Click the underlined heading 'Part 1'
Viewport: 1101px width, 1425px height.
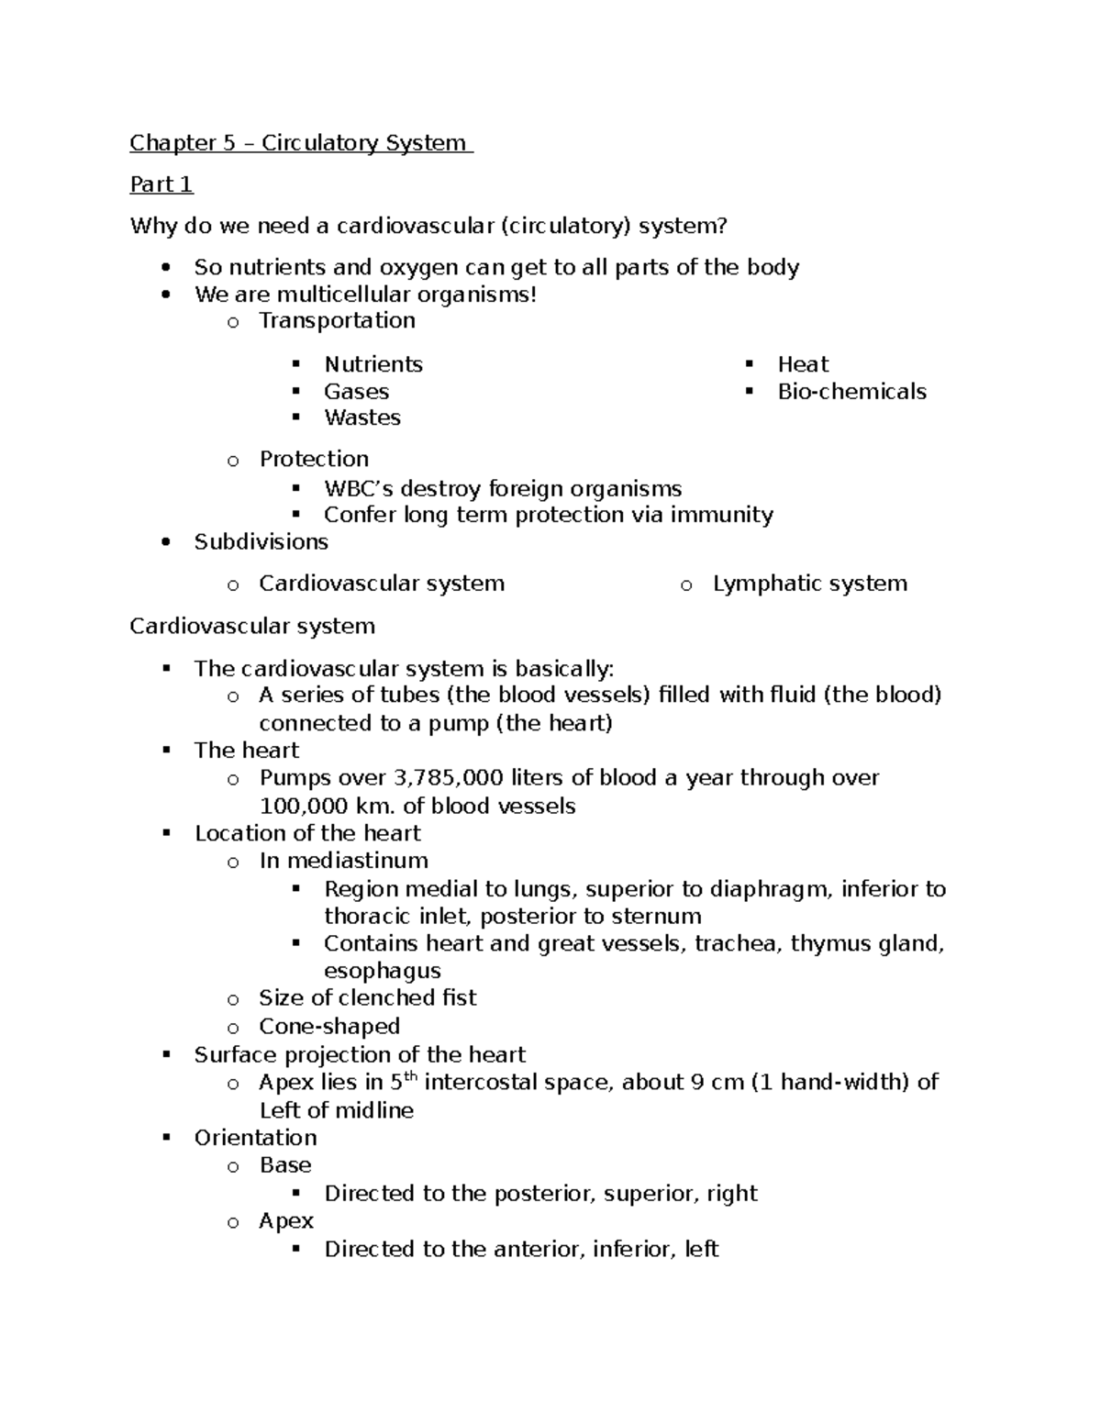(161, 184)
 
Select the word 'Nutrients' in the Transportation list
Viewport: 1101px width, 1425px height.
(373, 364)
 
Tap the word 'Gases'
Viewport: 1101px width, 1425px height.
(356, 392)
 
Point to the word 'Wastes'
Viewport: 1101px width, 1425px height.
(362, 418)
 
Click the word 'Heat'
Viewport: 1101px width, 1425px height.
(803, 364)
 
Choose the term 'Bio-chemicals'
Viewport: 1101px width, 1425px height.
(851, 392)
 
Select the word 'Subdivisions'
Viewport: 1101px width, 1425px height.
(261, 542)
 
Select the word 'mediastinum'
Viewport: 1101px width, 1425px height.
(357, 861)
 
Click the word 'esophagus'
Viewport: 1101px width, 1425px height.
(382, 971)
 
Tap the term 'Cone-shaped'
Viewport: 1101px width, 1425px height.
(329, 1026)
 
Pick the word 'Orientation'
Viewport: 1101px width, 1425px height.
(255, 1138)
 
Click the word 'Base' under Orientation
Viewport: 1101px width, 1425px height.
(285, 1165)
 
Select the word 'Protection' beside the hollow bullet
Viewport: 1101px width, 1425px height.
(314, 459)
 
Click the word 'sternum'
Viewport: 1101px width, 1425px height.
(662, 917)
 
